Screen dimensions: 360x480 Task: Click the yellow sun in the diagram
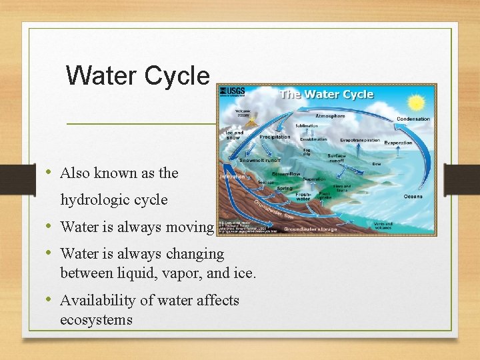pos(417,103)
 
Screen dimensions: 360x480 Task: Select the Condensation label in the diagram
pos(413,119)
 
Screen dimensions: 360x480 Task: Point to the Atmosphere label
pos(330,116)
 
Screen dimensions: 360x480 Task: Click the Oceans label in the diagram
pos(413,196)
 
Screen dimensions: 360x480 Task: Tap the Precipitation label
pos(275,137)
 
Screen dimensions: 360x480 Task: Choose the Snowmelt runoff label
pos(260,160)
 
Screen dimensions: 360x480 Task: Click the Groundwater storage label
pos(311,229)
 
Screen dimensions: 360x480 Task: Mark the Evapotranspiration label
pos(360,141)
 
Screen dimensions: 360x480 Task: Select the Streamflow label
pos(285,173)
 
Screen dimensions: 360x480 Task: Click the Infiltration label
pos(233,177)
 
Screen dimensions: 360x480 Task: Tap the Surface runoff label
pos(337,158)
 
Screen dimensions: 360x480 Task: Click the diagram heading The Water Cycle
pos(327,94)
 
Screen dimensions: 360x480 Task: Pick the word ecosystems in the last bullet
pos(96,320)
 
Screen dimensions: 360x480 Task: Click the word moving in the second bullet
pos(190,227)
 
